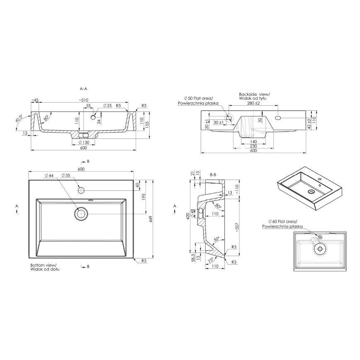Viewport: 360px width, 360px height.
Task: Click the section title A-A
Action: pyautogui.click(x=83, y=89)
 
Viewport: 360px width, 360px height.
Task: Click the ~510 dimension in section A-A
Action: pyautogui.click(x=85, y=100)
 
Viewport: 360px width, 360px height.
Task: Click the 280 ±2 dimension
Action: pyautogui.click(x=253, y=103)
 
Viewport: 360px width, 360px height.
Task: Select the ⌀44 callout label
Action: pyautogui.click(x=49, y=176)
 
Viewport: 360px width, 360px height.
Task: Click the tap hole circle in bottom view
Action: pyautogui.click(x=81, y=190)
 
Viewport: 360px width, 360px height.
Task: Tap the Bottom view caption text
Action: pyautogui.click(x=43, y=267)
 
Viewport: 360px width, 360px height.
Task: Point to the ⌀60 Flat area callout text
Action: pyautogui.click(x=282, y=224)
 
